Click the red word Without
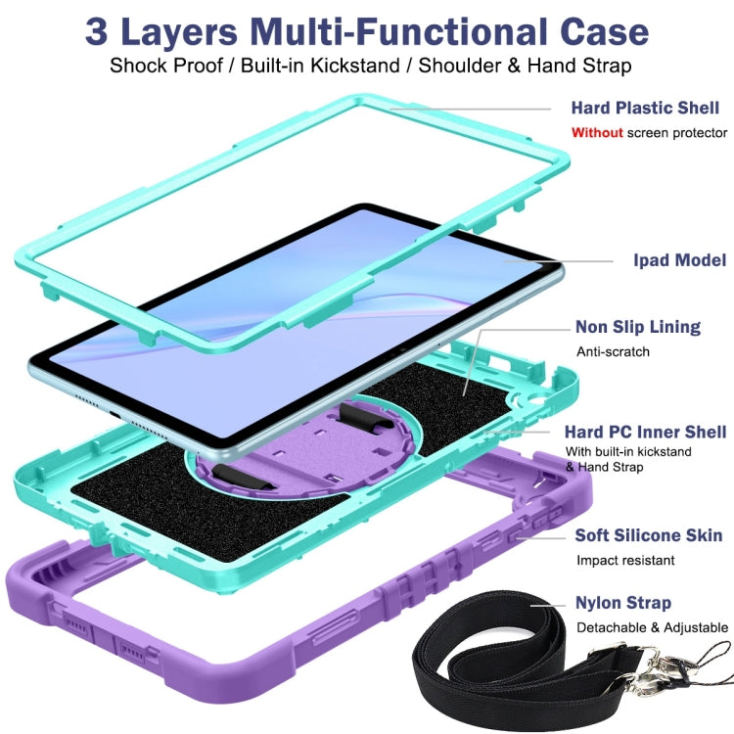pos(597,133)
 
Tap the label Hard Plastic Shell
pos(645,108)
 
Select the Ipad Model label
pos(680,260)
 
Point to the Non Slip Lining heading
pos(637,327)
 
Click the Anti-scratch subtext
pos(613,351)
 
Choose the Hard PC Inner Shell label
pos(645,432)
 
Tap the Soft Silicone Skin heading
pos(648,535)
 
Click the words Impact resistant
pos(625,561)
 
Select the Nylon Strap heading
pos(623,603)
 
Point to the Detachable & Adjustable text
pos(652,627)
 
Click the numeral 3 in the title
pos(97,32)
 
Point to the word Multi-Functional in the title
pos(398,32)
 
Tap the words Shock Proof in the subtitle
pos(166,66)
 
